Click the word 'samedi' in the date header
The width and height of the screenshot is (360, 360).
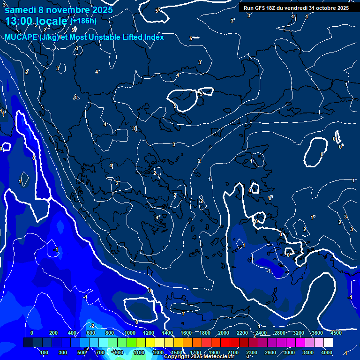[19, 10]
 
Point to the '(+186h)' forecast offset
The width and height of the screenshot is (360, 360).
[83, 21]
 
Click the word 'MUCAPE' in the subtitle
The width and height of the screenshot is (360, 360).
[21, 37]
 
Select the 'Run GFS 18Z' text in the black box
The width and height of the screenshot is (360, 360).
[261, 8]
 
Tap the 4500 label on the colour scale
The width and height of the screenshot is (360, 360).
[336, 333]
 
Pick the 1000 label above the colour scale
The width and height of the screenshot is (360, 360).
[129, 333]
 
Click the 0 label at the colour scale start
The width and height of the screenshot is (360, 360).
[32, 333]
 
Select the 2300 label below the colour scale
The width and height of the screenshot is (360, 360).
[251, 352]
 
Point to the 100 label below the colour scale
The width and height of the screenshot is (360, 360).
[45, 352]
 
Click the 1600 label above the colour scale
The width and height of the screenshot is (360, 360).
[186, 333]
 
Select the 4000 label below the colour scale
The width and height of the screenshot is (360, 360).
[327, 352]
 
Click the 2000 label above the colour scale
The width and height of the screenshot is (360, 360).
[223, 333]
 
